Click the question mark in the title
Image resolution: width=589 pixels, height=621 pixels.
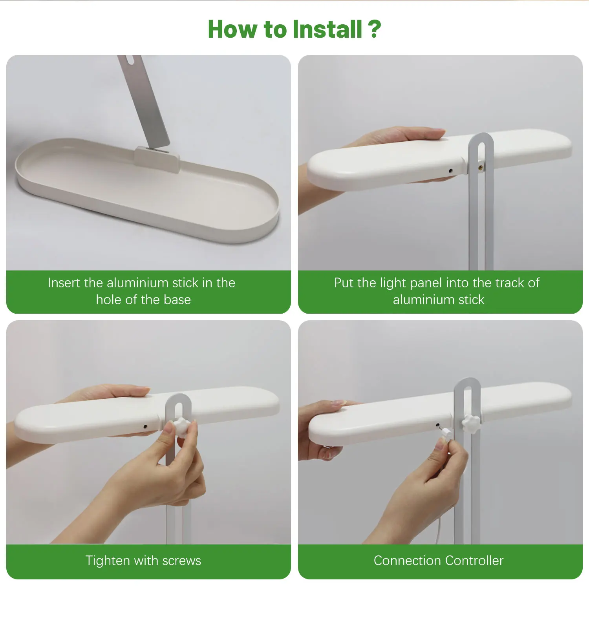coord(375,29)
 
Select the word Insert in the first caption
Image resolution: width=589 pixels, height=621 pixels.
coord(64,283)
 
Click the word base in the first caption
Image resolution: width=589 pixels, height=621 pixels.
coord(177,300)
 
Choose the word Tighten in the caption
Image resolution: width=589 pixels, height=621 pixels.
coord(108,561)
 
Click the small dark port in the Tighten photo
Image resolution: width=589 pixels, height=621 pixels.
coord(145,426)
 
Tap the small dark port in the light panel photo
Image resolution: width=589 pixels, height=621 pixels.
coord(450,171)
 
